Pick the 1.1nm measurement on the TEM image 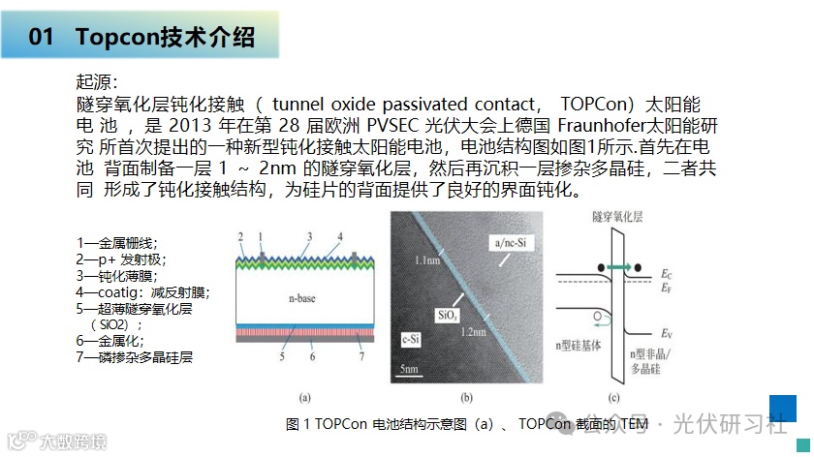[423, 261]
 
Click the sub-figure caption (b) [465, 397]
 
